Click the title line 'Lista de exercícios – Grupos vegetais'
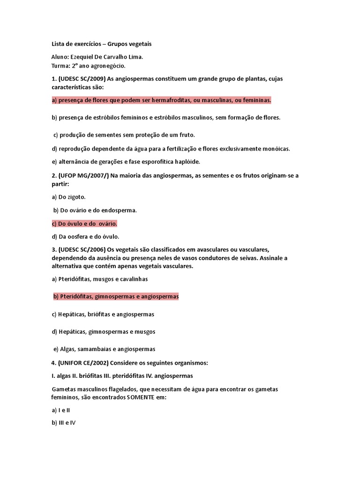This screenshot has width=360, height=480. click(x=101, y=44)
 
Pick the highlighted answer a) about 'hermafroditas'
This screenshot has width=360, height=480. click(x=161, y=100)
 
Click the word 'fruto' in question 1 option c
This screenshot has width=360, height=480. click(x=186, y=135)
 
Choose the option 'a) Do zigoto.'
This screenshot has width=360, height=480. click(x=68, y=197)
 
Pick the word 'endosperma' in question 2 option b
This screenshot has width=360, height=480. click(x=121, y=210)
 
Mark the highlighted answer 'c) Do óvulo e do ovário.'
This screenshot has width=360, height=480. click(x=84, y=224)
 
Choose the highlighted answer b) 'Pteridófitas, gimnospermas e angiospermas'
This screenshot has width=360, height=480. click(x=116, y=297)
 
